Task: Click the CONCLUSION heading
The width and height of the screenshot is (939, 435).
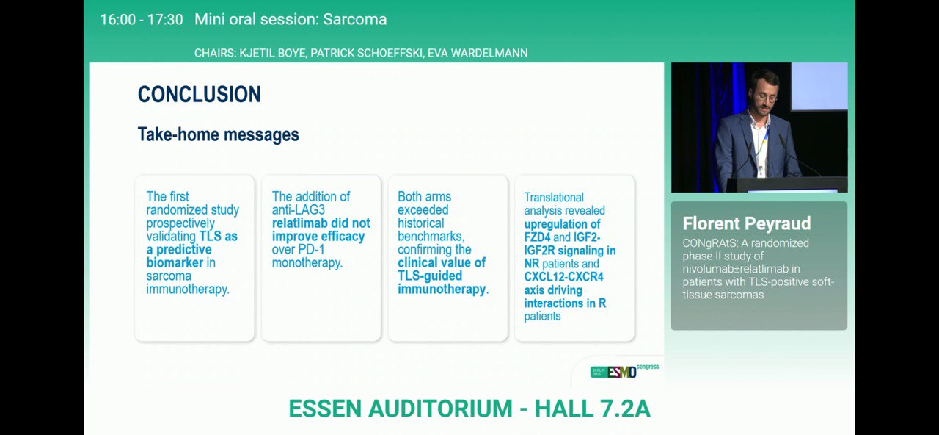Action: [200, 94]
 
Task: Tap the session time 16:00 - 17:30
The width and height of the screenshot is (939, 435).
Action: [142, 19]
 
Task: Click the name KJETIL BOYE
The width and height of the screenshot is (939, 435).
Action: [273, 53]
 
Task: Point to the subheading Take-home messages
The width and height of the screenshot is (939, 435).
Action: [219, 134]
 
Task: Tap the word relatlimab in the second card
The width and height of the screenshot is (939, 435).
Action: [299, 223]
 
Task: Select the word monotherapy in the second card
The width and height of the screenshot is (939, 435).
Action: [306, 263]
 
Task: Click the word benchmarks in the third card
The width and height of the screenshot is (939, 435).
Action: [431, 237]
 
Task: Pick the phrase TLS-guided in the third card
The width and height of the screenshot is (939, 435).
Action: [430, 276]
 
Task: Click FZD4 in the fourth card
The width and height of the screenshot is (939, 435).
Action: [537, 237]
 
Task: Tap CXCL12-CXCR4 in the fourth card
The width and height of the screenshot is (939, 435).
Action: [564, 277]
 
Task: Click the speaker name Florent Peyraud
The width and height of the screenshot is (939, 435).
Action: [747, 223]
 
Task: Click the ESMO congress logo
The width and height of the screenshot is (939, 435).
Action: [624, 371]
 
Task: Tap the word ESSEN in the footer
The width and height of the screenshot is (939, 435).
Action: [325, 409]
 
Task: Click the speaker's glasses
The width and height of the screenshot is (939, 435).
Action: [766, 98]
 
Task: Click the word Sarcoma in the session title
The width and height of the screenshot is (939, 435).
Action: [354, 19]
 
